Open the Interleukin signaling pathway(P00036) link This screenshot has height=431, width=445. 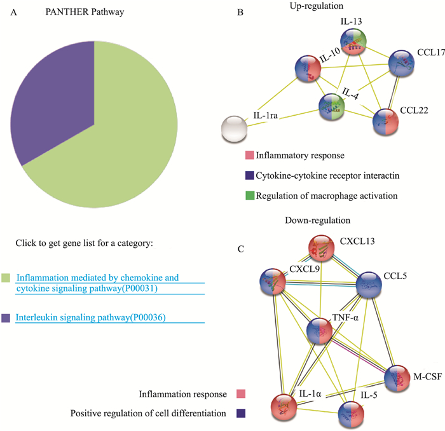coord(91,318)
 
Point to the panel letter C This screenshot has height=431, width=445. coord(240,247)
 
